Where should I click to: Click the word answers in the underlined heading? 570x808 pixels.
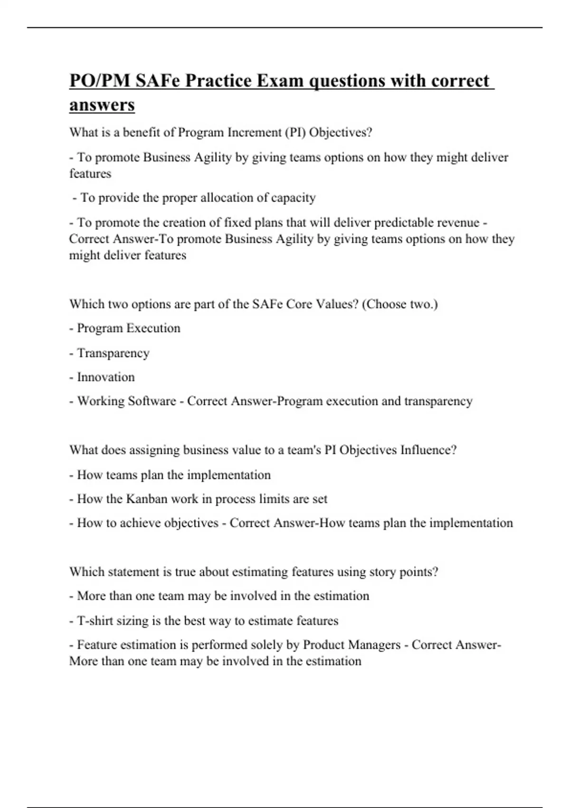102,105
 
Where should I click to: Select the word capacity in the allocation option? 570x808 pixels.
293,198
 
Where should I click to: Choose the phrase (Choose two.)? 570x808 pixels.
399,304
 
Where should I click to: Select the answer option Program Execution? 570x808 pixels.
129,328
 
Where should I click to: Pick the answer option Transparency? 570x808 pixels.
113,353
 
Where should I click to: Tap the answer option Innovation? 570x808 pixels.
106,377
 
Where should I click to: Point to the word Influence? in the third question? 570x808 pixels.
428,450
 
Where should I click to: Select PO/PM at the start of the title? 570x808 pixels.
100,81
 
